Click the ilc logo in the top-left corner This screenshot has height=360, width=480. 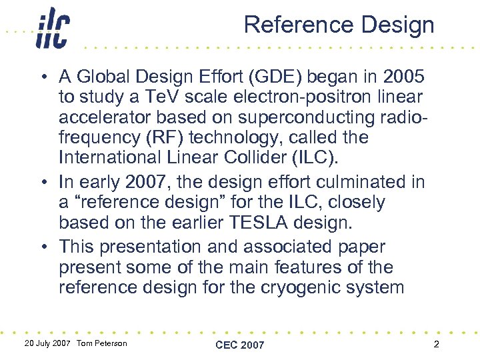point(53,29)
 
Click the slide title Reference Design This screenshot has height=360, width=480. point(339,25)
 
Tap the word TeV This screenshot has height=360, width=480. point(141,97)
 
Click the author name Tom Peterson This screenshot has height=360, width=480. point(101,343)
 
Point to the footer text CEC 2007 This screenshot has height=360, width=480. point(239,345)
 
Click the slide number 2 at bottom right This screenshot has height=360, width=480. point(435,344)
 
